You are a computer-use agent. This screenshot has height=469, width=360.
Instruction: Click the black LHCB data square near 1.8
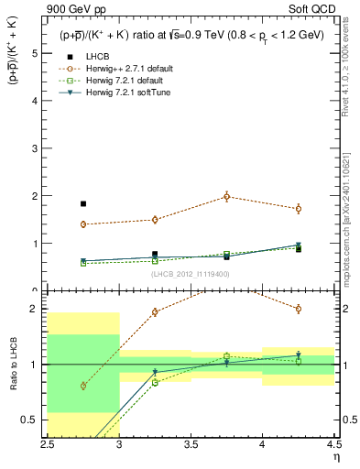pos(83,204)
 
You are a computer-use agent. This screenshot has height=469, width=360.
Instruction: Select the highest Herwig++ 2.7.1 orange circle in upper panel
pos(226,196)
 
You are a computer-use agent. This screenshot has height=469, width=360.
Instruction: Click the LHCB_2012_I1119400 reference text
pos(191,274)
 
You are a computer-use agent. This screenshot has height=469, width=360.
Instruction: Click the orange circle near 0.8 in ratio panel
pos(83,386)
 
